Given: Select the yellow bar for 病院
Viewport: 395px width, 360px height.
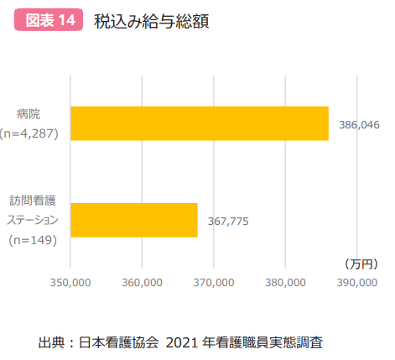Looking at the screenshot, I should pos(199,123).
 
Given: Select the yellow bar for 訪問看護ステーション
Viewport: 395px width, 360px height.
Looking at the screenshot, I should pos(133,221).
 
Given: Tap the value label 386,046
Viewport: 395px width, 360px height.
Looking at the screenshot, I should pos(360,124).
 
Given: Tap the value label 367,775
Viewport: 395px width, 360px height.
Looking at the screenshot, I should pos(228,222).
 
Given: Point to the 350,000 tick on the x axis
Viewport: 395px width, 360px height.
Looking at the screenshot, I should pos(70,283).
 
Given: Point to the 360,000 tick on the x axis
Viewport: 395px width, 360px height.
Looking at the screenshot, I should pos(142,283).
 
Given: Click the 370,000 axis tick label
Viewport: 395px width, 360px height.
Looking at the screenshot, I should pos(214,283).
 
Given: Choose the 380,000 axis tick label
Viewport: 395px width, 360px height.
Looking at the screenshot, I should pos(285,283).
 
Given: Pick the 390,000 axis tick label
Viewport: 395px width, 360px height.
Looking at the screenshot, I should pos(357,283).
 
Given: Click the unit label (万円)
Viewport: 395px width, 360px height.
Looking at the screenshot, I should pos(361,263).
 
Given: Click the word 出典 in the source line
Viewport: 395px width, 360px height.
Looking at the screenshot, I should pos(51,342).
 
